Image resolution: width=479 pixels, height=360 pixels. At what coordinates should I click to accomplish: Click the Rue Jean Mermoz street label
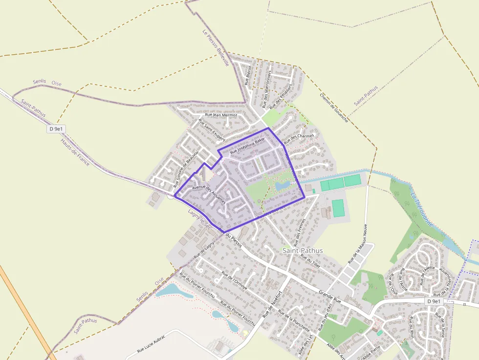tap(221, 115)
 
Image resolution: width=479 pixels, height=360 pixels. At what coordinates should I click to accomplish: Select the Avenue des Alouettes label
tap(209, 194)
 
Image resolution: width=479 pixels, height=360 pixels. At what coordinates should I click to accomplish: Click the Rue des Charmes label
tap(299, 139)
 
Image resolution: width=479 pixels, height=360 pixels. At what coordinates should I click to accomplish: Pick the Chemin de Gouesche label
tap(334, 107)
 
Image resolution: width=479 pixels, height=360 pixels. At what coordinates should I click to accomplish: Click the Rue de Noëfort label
tap(273, 303)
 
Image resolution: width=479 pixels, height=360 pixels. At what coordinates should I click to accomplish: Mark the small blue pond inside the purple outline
tap(281, 186)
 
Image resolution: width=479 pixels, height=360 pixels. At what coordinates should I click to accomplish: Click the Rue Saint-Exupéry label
tap(212, 130)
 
